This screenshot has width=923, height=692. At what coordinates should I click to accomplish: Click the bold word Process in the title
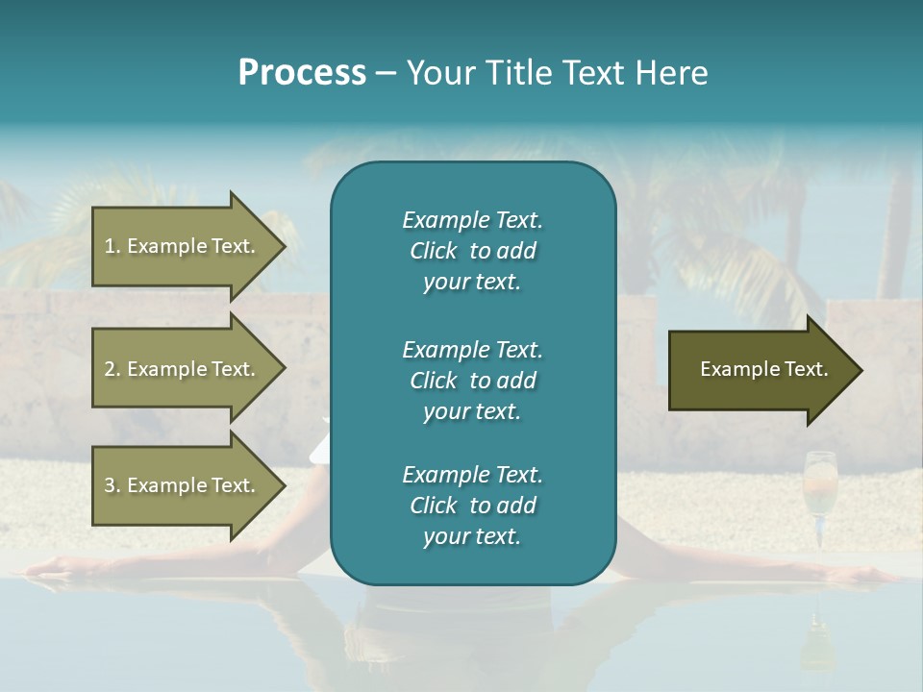302,73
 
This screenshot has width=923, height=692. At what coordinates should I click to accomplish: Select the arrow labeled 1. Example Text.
183,246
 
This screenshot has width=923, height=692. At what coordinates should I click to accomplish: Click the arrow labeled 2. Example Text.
183,369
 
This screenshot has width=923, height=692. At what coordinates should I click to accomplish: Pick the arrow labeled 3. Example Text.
183,485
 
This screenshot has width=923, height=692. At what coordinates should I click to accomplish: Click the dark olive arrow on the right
760,370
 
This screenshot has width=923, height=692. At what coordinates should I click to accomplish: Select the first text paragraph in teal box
472,251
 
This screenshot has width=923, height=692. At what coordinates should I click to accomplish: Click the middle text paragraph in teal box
472,380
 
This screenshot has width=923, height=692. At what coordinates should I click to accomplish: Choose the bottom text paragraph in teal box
472,506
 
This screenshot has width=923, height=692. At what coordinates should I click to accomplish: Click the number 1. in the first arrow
112,246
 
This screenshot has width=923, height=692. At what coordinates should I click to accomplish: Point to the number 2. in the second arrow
112,369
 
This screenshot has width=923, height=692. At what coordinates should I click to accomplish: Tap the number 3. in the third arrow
112,485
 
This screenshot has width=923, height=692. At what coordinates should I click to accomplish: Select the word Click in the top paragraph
434,251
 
